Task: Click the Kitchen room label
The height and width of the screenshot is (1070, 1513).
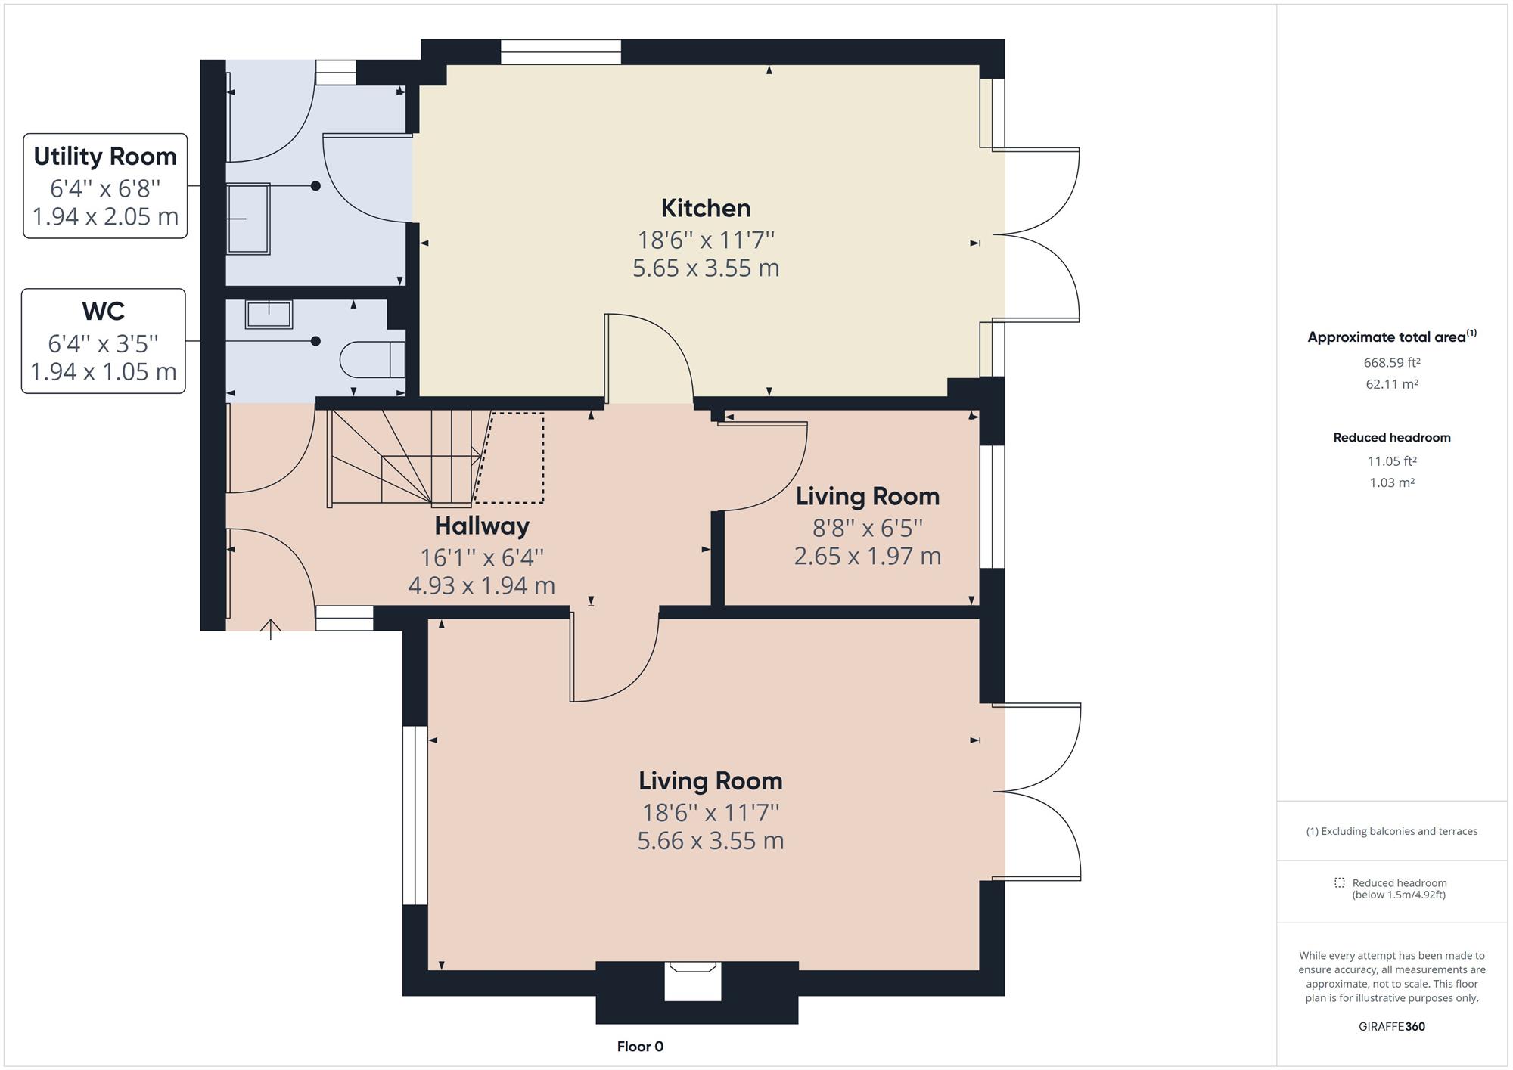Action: click(705, 208)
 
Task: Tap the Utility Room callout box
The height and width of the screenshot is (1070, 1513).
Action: click(105, 186)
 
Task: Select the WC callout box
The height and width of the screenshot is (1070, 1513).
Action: click(104, 341)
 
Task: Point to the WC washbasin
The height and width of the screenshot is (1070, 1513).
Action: click(269, 314)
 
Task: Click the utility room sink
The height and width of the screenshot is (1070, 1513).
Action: click(248, 219)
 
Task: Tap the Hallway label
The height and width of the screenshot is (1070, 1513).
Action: click(482, 526)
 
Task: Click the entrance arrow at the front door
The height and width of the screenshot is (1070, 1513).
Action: click(271, 628)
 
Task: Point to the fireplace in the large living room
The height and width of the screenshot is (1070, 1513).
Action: click(692, 980)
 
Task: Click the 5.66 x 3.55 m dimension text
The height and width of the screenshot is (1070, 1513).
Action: click(710, 841)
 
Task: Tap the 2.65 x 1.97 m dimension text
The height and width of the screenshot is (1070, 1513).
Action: click(867, 556)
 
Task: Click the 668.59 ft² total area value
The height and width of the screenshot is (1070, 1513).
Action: click(1391, 362)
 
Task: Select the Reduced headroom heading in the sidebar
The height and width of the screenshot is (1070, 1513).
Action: click(1391, 437)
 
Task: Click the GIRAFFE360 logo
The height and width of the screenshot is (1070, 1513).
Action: click(1391, 1026)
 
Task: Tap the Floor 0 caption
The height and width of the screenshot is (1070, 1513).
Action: click(640, 1047)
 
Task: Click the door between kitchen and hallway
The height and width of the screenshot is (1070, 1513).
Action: click(649, 359)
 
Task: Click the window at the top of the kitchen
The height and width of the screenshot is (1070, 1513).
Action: click(561, 52)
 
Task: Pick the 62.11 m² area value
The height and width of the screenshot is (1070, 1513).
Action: click(1391, 384)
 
